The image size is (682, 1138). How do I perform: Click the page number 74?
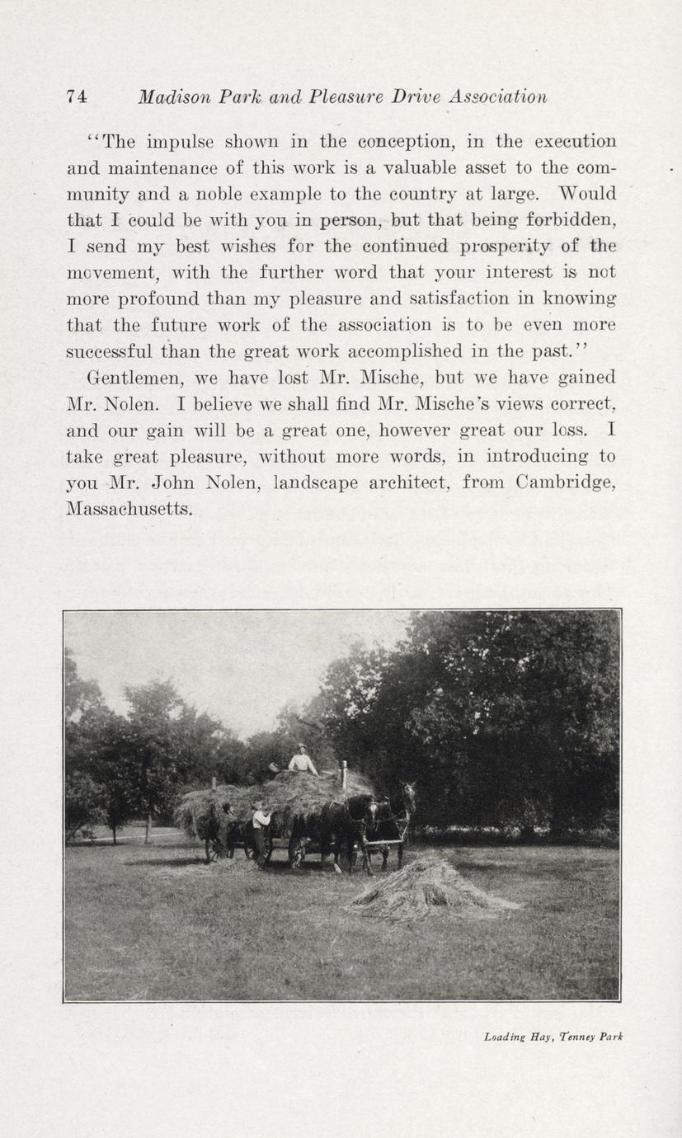pyautogui.click(x=77, y=96)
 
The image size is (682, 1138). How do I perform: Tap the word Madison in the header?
pyautogui.click(x=171, y=96)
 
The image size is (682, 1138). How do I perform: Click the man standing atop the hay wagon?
pyautogui.click(x=302, y=759)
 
